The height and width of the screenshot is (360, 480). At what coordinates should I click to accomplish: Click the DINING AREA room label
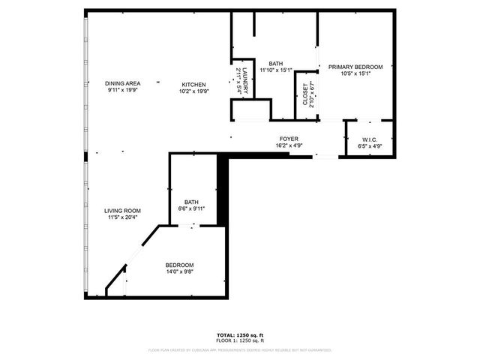122,84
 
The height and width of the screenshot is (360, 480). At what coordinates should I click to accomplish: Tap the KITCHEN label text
193,84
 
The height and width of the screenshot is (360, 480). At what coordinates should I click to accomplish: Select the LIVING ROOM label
122,211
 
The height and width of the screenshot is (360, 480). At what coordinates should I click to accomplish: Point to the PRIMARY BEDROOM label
355,67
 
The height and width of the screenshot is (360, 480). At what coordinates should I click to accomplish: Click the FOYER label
289,139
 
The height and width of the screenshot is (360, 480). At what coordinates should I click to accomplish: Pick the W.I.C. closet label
369,139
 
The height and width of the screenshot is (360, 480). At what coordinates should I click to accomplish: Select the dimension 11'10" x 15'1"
275,70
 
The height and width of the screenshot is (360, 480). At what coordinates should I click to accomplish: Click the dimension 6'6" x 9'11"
192,208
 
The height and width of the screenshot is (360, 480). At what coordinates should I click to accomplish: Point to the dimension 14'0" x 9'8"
179,272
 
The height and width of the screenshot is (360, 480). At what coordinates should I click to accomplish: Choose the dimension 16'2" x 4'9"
289,145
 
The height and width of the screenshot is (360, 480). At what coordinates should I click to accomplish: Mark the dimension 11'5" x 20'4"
122,218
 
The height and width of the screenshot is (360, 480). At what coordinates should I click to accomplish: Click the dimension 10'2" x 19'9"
193,91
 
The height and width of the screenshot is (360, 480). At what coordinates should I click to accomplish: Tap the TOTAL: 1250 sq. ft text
240,334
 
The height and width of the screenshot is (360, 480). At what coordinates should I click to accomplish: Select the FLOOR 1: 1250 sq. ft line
240,340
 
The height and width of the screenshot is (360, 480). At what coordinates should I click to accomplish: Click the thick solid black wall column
222,189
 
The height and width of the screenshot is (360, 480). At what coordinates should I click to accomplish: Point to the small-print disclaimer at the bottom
240,349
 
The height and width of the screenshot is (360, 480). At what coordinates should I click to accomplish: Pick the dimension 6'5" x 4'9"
369,146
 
